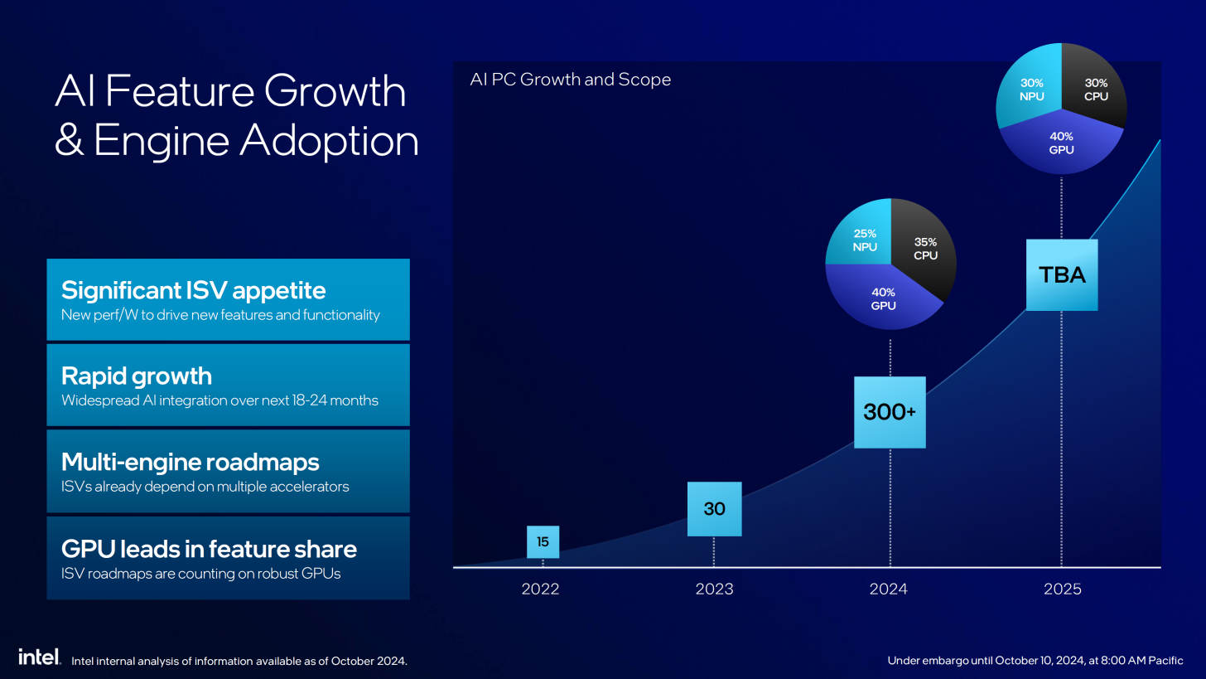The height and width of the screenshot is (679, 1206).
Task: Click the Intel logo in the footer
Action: pos(39,657)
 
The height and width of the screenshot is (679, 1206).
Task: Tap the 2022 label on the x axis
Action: pos(540,589)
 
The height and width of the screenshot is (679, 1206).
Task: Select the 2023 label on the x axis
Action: pos(714,589)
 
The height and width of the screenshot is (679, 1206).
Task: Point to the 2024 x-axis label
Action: pos(889,589)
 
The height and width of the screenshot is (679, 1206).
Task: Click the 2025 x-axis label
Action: pos(1062,589)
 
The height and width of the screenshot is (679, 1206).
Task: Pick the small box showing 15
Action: pos(543,542)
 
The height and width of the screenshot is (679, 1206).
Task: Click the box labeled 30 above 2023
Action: pos(714,508)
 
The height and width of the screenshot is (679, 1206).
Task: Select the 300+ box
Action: pos(890,412)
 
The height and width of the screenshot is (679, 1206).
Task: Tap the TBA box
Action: pos(1062,275)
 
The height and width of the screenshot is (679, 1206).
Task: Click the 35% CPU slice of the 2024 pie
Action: pos(924,249)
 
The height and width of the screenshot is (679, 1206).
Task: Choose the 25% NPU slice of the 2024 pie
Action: pos(864,240)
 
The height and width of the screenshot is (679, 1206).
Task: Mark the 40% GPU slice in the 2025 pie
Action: pos(1061,143)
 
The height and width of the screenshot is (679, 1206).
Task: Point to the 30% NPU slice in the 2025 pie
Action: pos(1031,90)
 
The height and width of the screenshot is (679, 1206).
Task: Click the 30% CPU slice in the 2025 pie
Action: pos(1094,90)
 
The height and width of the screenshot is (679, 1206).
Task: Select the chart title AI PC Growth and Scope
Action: pos(570,80)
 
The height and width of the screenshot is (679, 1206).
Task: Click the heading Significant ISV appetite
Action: pos(193,290)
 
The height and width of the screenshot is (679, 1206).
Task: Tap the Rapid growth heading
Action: pos(137,376)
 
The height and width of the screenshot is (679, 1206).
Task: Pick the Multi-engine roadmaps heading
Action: pos(190,462)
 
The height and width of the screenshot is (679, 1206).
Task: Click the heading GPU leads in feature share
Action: pos(209,549)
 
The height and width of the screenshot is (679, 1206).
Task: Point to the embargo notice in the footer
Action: pos(1035,661)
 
